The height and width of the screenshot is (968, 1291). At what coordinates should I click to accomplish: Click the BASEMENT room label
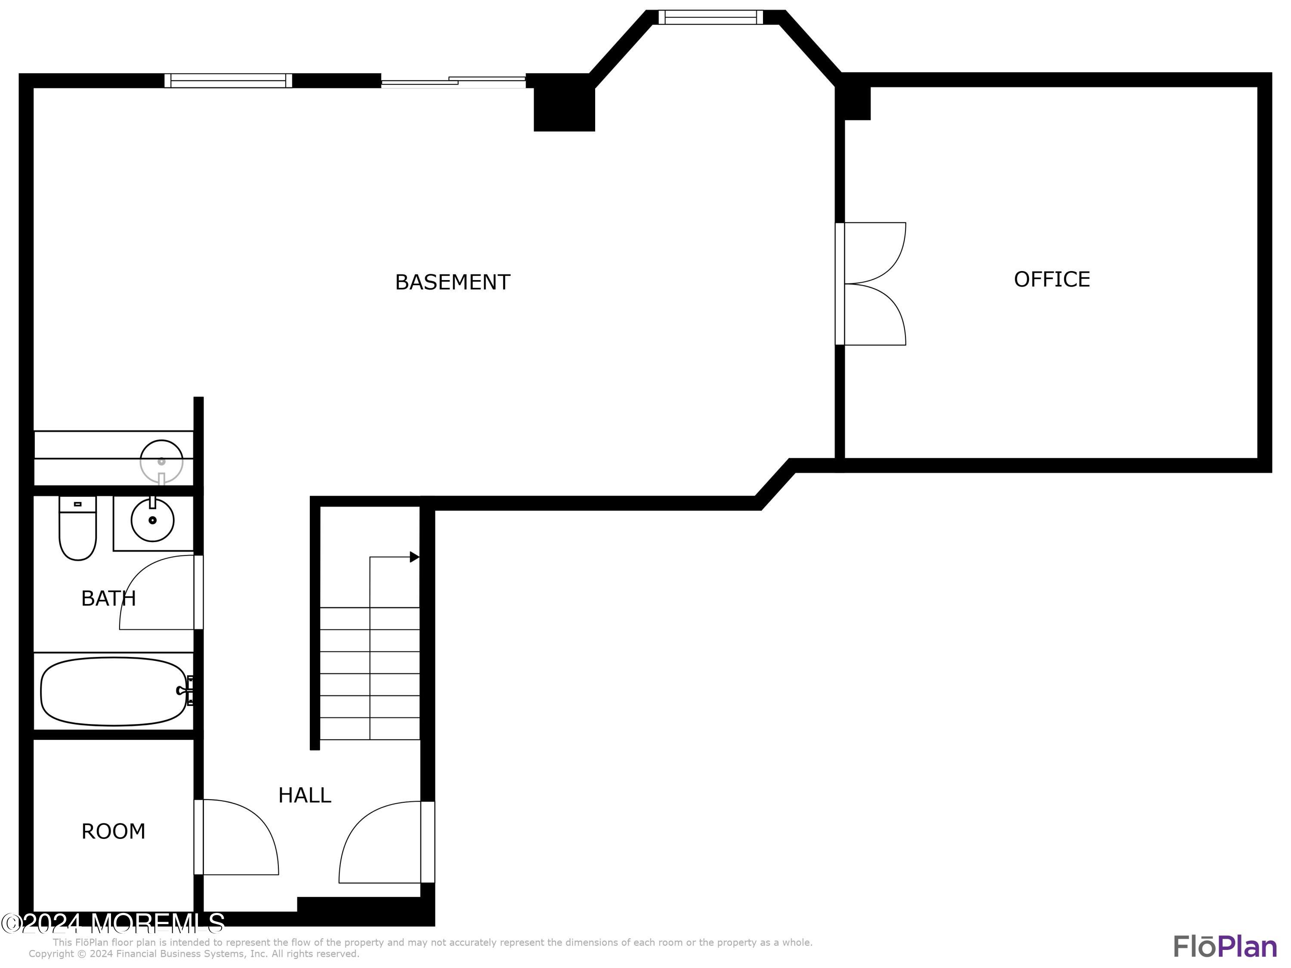point(452,282)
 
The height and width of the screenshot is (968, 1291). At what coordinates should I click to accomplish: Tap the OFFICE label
point(1052,280)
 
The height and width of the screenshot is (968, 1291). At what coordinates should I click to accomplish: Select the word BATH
point(108,599)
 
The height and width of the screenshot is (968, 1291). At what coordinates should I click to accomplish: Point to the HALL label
point(305,795)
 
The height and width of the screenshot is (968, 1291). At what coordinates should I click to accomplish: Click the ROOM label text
point(113,832)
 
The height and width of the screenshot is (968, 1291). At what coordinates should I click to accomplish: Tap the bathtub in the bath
point(114,691)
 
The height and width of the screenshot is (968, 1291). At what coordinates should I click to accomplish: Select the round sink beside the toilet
point(152,519)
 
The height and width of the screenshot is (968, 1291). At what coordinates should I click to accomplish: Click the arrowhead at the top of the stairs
point(414,557)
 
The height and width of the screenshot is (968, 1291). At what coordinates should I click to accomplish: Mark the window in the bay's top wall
point(710,18)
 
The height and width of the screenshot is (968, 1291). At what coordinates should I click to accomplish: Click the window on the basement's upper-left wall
point(228,80)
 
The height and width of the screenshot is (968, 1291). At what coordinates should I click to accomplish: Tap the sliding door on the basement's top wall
point(454,82)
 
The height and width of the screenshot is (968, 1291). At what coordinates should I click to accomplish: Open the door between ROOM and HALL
point(239,837)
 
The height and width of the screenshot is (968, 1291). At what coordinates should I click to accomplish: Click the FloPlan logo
point(1225,946)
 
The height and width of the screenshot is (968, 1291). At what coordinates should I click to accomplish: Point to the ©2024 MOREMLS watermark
point(113,923)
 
